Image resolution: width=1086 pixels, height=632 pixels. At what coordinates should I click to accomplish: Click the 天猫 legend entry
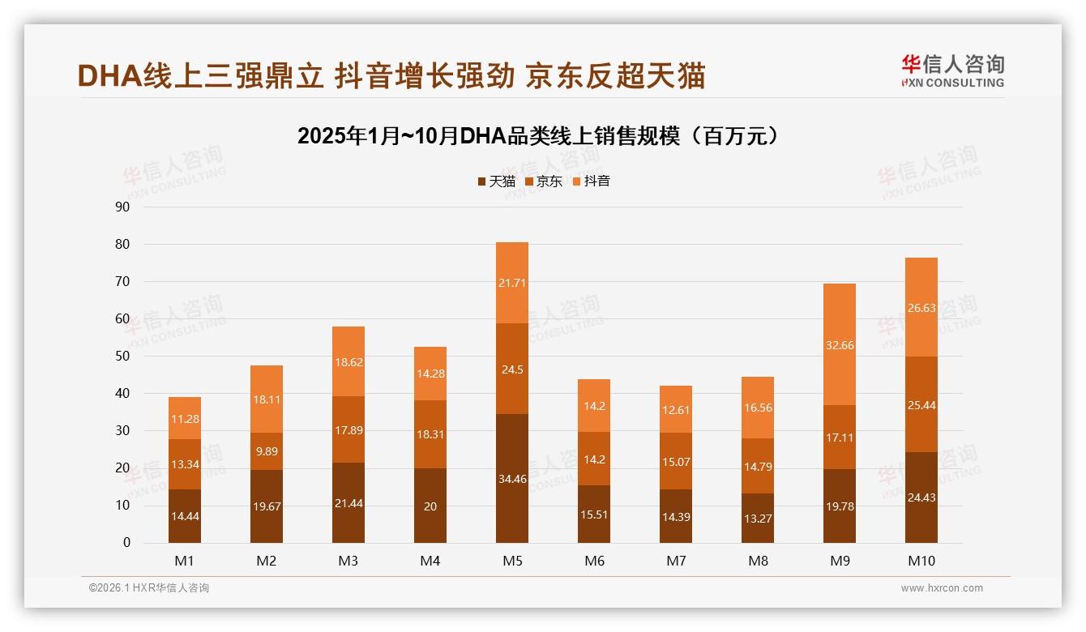click(496, 181)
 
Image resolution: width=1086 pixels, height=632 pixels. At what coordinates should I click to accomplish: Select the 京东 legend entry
click(544, 181)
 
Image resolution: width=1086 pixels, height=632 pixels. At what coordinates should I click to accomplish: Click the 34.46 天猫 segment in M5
click(512, 478)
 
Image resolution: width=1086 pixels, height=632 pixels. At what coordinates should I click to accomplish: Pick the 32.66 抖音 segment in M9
click(840, 344)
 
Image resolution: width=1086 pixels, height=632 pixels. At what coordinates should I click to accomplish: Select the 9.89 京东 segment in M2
click(267, 451)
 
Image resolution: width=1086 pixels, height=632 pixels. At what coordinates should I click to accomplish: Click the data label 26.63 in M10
click(921, 308)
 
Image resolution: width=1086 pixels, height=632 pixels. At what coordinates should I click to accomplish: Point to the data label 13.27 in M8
click(758, 519)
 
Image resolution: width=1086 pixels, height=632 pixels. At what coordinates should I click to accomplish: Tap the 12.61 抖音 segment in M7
click(676, 409)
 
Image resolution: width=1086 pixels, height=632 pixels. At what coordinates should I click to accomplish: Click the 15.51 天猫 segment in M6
click(594, 514)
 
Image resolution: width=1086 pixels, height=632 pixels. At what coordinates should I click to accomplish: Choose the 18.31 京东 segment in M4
click(430, 434)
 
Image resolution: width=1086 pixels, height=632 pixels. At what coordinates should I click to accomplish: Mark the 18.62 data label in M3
click(348, 362)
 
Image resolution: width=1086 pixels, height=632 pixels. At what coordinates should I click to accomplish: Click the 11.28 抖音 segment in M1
click(185, 418)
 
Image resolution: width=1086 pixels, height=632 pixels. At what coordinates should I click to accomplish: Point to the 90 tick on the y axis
click(122, 207)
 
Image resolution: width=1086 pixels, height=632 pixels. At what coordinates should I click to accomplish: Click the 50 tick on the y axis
click(122, 356)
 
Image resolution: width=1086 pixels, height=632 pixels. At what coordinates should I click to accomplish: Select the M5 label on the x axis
click(512, 561)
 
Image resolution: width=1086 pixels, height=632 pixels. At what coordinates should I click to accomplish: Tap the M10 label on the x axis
click(921, 561)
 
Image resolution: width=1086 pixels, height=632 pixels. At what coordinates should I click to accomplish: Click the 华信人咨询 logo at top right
click(952, 70)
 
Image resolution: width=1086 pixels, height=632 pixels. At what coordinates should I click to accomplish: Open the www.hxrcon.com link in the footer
click(942, 588)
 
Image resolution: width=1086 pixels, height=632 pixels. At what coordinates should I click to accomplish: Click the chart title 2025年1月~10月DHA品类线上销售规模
click(538, 136)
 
